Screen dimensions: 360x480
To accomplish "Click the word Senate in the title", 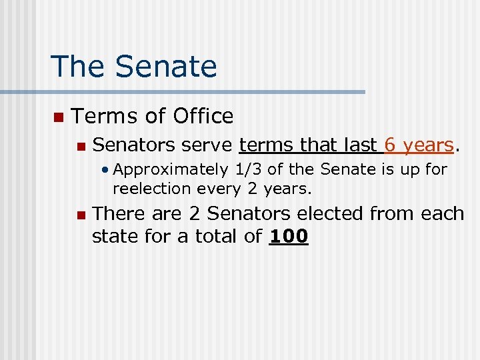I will [165, 67].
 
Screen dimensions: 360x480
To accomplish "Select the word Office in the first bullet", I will [203, 116].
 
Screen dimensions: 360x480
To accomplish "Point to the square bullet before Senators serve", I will [80, 146].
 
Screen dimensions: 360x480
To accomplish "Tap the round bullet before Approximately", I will [105, 170].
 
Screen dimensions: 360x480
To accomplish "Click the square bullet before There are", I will [80, 215].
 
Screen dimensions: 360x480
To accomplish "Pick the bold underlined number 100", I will [289, 236].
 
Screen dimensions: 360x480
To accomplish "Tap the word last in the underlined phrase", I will [359, 145].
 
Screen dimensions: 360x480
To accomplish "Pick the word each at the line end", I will [442, 213].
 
